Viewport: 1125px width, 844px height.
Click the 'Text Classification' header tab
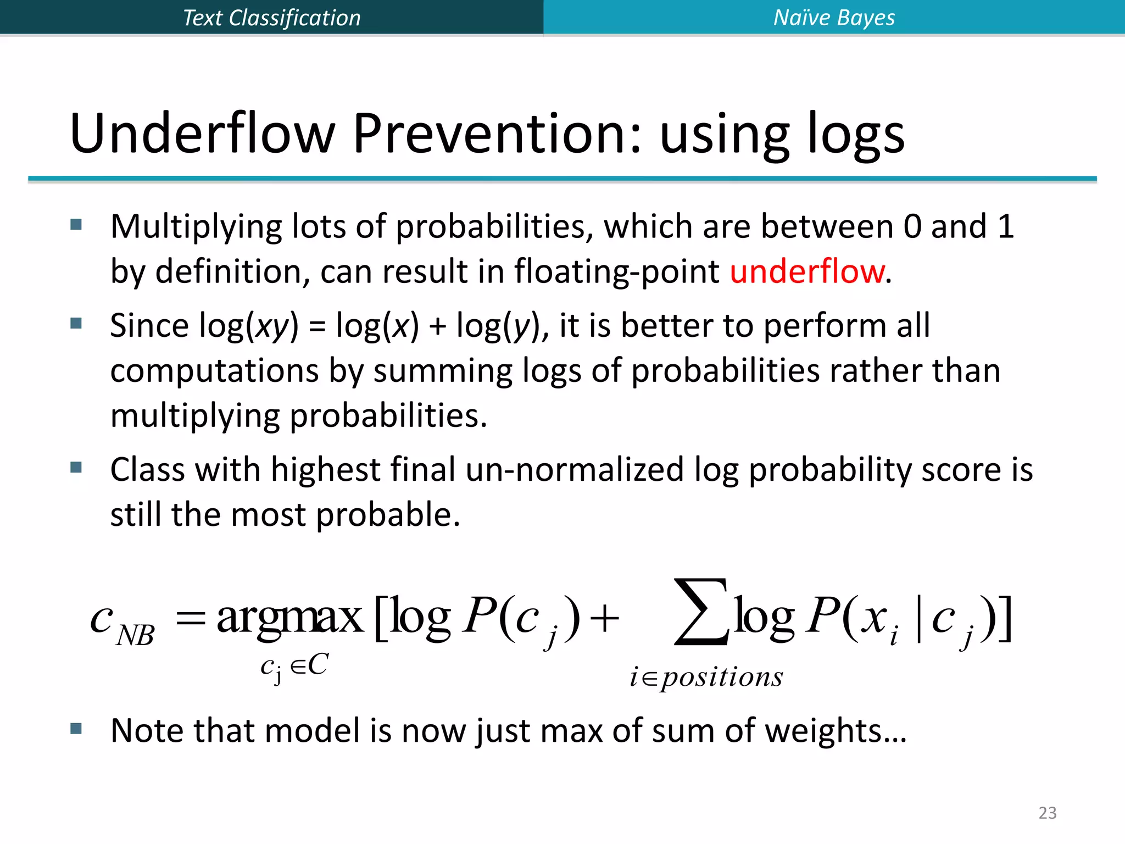[271, 18]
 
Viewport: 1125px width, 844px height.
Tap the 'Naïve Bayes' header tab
[834, 18]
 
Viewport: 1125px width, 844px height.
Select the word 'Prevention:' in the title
[497, 134]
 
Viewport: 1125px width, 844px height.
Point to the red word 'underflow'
[807, 271]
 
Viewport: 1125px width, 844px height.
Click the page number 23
[1047, 813]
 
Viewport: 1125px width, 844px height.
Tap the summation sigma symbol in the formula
[701, 611]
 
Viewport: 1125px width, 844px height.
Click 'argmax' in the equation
[289, 617]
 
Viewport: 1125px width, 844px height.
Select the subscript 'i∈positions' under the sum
[706, 677]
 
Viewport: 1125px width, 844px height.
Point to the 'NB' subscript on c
[135, 636]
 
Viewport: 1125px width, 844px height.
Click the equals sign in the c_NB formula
[190, 620]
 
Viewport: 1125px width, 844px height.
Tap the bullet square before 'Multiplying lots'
[76, 224]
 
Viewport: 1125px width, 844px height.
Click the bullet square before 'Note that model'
[76, 729]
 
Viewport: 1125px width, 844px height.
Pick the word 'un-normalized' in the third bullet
[574, 470]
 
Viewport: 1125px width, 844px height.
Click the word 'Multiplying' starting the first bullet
[196, 226]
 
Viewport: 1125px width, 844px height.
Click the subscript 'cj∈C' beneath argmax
[294, 667]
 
